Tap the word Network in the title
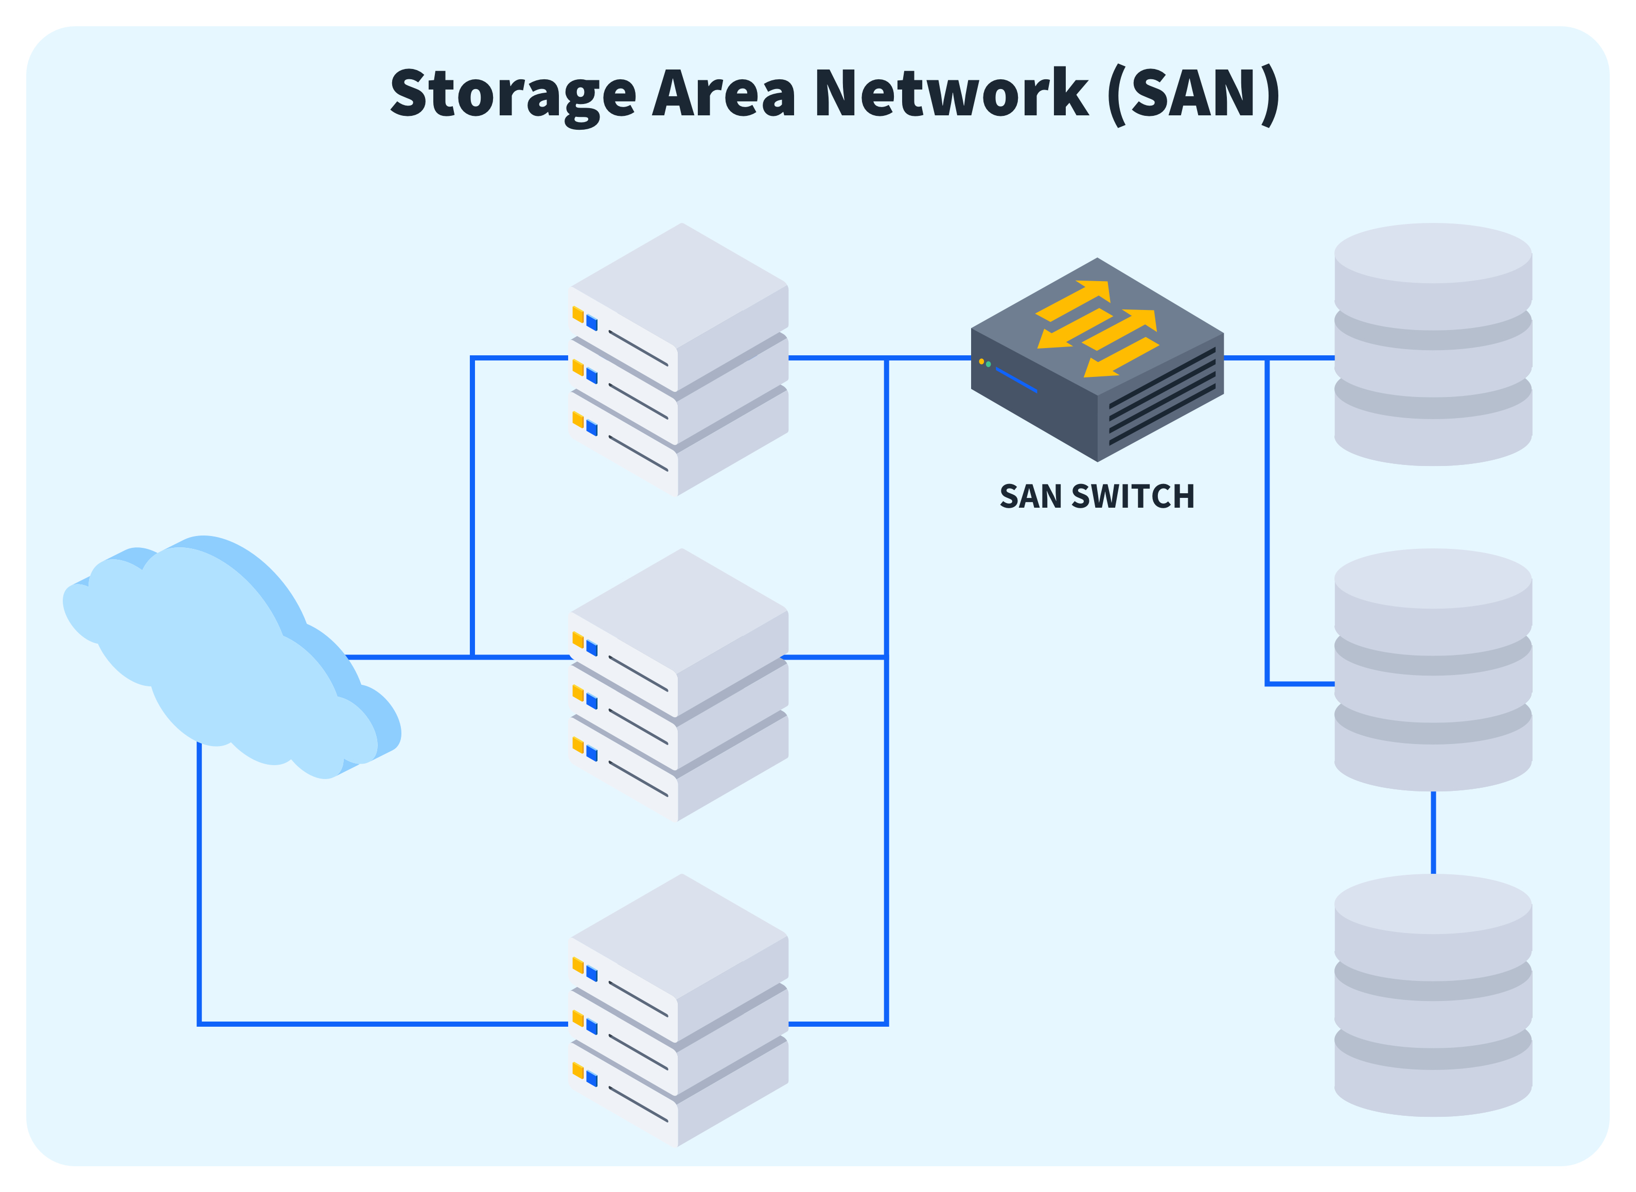[x=951, y=94]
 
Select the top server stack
[x=678, y=361]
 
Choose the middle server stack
[x=678, y=685]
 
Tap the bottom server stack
[x=678, y=1010]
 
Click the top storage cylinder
[x=1433, y=345]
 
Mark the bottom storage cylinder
[x=1433, y=996]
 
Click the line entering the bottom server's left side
[x=382, y=1024]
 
